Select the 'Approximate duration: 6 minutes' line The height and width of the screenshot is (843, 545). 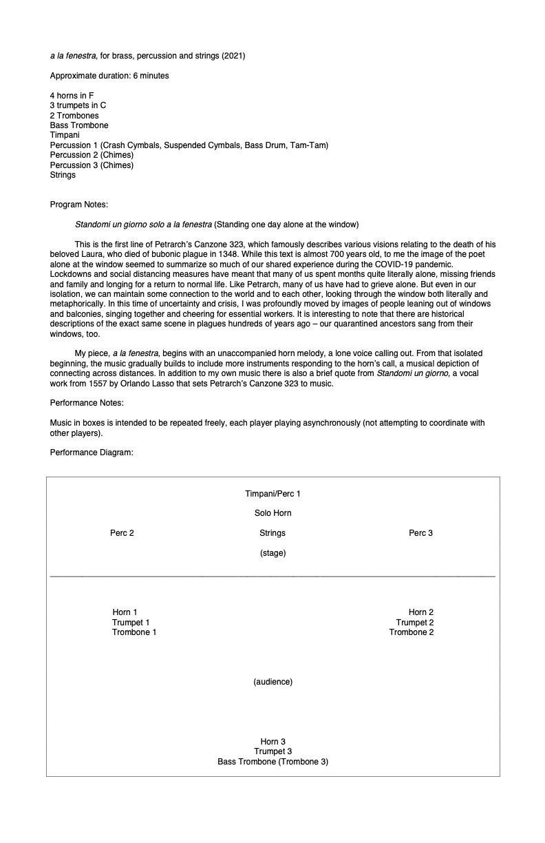109,76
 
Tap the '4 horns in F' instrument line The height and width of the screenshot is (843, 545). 72,96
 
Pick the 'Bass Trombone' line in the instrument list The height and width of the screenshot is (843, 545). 79,125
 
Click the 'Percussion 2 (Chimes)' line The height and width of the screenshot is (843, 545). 92,155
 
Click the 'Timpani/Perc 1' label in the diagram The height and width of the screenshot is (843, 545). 272,494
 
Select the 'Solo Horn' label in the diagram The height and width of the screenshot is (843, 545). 272,513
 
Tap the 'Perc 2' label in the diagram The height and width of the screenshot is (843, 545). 122,533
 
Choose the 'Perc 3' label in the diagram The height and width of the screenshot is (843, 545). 420,533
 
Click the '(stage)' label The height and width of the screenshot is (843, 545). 272,553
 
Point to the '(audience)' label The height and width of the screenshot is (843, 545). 272,682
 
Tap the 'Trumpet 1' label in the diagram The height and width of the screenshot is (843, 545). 131,623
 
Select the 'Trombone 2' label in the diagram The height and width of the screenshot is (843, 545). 412,632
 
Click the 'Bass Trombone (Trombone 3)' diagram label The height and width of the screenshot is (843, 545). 272,761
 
